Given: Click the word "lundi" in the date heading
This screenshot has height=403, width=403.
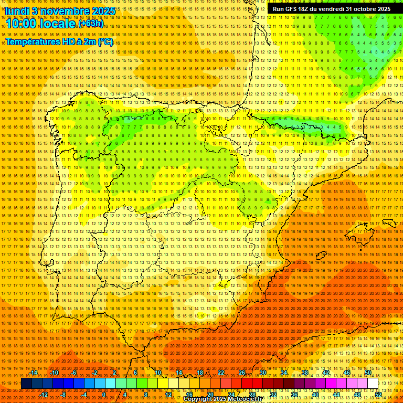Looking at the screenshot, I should point(16,10).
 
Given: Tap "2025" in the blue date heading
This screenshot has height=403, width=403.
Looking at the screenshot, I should point(103,10).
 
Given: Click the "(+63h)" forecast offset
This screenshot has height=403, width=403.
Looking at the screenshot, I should point(91,24).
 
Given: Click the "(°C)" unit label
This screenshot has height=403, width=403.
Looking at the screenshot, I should point(105,41).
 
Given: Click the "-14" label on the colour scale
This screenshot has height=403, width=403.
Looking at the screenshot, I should point(34,373).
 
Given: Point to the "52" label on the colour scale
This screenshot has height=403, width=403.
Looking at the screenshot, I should point(378,395).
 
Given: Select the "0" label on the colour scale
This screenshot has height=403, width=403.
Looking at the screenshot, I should point(104,395).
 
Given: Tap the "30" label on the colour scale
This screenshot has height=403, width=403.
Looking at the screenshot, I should point(262,373).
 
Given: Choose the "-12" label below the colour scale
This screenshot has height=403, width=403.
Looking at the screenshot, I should point(44,395).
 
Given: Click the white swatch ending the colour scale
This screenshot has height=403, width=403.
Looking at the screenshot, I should point(373,384).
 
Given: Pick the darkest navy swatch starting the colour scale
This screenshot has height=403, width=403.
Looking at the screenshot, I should point(26,384).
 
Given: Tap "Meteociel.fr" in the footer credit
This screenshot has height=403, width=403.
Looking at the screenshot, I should point(244,399).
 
